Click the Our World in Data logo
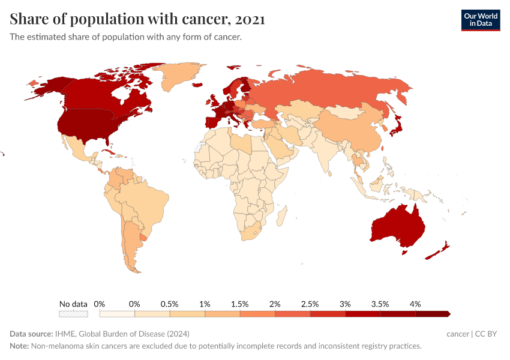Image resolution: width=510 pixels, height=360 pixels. (480, 20)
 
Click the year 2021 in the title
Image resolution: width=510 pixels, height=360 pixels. (250, 19)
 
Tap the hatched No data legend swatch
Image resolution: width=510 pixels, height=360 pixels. (73, 314)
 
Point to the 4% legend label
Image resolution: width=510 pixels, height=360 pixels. (415, 304)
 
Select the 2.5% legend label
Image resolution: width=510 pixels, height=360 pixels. (310, 304)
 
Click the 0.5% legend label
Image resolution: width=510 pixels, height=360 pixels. (169, 304)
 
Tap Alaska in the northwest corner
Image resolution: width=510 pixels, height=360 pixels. (45, 88)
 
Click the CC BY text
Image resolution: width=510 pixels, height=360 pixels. (487, 334)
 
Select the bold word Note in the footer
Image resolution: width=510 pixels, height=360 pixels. (20, 346)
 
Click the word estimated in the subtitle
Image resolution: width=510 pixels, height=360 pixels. (47, 37)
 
